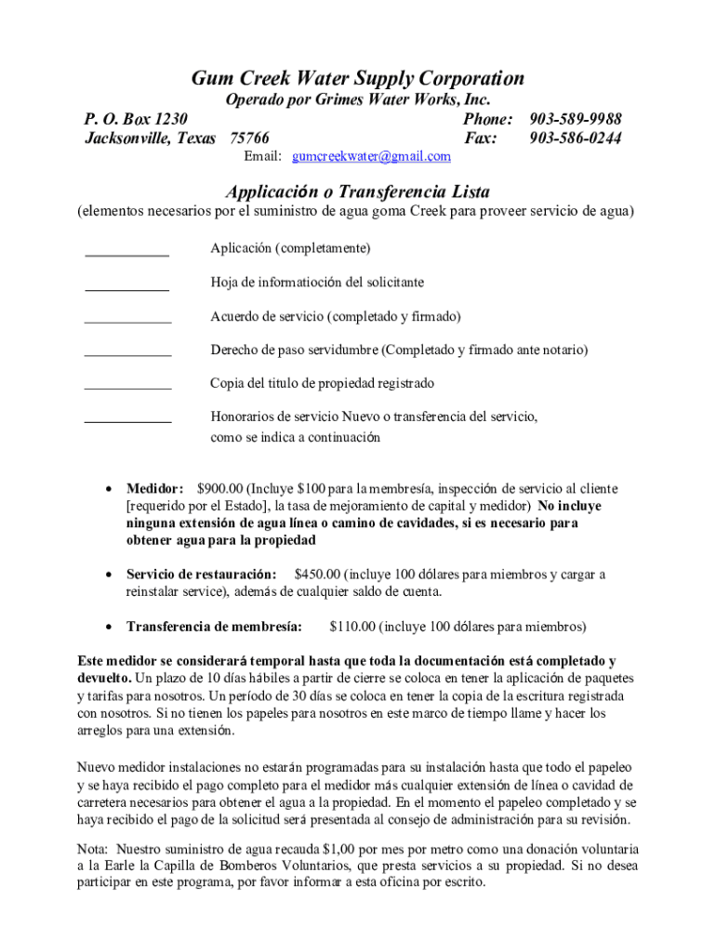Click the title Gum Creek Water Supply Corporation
point(358,78)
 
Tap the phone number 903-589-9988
point(576,120)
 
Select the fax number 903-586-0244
point(576,139)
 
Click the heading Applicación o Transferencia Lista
point(358,192)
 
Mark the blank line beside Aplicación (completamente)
point(127,253)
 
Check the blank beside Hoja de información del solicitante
point(127,289)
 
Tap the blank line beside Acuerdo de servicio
point(127,322)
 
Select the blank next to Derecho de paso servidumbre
point(127,355)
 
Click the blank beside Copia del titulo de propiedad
point(127,389)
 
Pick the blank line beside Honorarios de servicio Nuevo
point(127,421)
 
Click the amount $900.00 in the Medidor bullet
point(220,489)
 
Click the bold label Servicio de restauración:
point(201,575)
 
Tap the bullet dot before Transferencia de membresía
point(109,627)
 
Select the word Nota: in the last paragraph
point(93,850)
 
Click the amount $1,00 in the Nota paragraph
point(337,850)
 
